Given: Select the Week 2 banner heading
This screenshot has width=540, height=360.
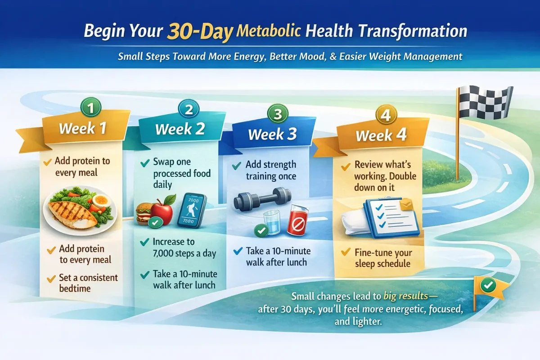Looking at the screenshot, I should point(180,129).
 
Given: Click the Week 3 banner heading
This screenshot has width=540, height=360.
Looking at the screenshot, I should point(272,134).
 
